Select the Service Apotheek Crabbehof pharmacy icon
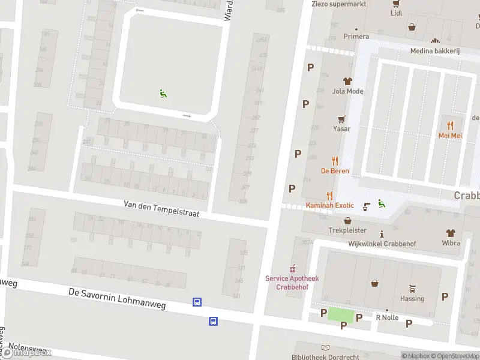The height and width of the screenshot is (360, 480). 293,268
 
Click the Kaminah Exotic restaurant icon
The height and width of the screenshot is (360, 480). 329,196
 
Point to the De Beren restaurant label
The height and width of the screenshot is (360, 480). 335,171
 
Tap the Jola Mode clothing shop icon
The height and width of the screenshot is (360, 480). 347,81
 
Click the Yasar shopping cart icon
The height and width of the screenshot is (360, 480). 342,119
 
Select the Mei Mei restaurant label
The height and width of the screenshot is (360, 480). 450,136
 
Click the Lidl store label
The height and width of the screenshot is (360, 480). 396,13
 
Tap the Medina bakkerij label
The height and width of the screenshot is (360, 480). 434,51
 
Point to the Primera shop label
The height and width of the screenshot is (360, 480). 356,37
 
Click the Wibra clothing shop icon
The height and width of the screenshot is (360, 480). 451,233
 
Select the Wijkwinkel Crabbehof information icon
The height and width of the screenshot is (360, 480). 382,234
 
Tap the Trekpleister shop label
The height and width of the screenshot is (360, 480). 347,230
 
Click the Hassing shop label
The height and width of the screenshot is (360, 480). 412,298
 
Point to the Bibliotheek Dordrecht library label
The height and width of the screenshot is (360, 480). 325,356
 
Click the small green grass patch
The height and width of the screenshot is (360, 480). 340,314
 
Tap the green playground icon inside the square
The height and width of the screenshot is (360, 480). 163,93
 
